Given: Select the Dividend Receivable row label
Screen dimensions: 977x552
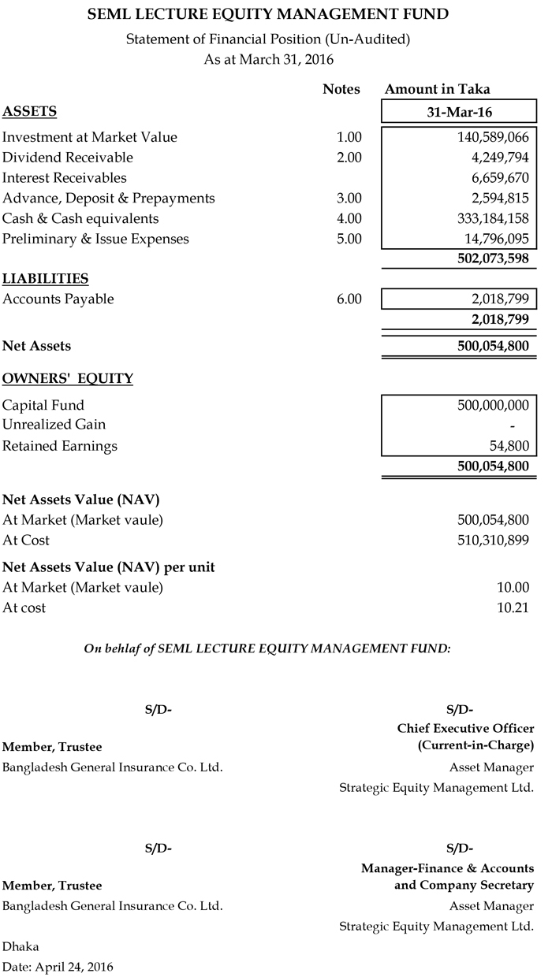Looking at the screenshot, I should (68, 158).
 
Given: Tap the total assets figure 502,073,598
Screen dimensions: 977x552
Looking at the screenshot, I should (493, 258).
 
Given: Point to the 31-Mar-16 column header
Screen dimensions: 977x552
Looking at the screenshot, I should (459, 111).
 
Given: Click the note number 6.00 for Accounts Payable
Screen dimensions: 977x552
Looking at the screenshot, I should (349, 299).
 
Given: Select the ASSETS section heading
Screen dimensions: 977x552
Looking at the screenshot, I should (29, 111).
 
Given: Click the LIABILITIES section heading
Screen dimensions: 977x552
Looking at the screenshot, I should (45, 279).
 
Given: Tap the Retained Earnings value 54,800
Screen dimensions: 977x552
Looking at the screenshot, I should (509, 446).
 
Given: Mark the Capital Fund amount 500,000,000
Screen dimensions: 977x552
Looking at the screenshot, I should (493, 406).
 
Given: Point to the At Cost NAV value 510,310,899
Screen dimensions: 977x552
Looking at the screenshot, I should (493, 541).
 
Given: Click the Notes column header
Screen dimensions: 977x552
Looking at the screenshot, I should (341, 90).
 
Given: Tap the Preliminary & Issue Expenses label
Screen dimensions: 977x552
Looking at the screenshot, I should (95, 239).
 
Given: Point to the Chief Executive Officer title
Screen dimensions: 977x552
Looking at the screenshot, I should (465, 729).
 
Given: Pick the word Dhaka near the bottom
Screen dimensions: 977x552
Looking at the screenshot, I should (21, 946).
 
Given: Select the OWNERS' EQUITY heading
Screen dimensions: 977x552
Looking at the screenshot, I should (68, 379).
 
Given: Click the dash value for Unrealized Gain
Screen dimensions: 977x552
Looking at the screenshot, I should (524, 425).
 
